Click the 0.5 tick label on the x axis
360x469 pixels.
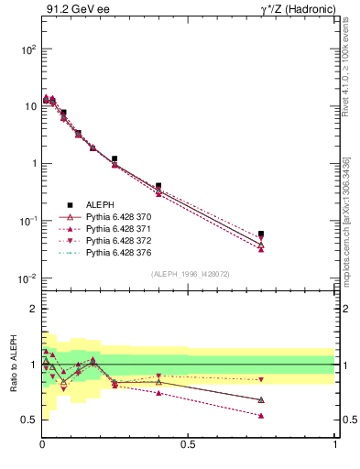coord(188,445)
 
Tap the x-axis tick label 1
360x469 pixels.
coord(334,445)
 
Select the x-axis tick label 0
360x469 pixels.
coord(42,445)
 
